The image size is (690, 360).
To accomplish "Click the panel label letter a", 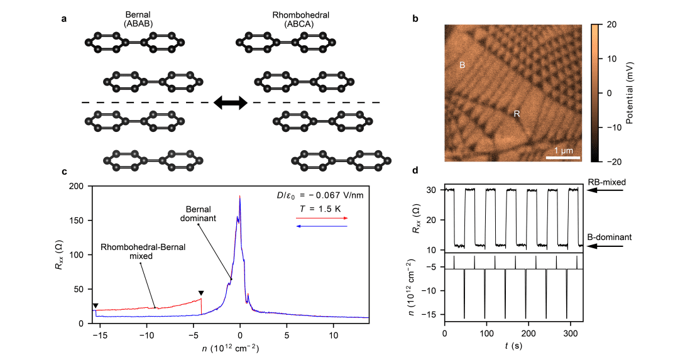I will [64, 19].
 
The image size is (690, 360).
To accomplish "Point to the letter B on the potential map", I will [462, 65].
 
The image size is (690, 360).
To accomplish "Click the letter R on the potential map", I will [516, 114].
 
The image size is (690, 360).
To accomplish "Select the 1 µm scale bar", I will [561, 157].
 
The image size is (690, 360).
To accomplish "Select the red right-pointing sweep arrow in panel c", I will [321, 218].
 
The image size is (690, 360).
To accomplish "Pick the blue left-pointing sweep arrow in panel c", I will [321, 226].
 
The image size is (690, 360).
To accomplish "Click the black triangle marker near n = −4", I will [201, 293].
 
